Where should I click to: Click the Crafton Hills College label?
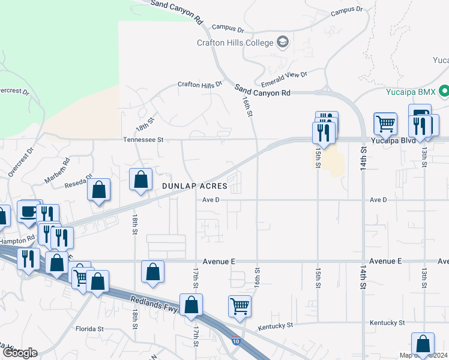pyautogui.click(x=235, y=43)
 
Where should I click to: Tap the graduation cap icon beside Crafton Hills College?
pyautogui.click(x=283, y=42)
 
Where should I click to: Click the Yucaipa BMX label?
pyautogui.click(x=410, y=92)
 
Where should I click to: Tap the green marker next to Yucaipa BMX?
pyautogui.click(x=444, y=92)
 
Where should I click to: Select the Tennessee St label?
pyautogui.click(x=143, y=139)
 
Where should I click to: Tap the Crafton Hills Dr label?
pyautogui.click(x=200, y=85)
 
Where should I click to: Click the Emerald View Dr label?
pyautogui.click(x=284, y=79)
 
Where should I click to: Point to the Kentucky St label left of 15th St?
pyautogui.click(x=276, y=326)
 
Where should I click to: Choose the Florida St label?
pyautogui.click(x=90, y=329)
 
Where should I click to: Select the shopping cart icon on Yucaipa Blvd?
pyautogui.click(x=385, y=124)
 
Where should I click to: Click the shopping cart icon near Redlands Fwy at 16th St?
pyautogui.click(x=240, y=305)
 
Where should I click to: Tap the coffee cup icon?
pyautogui.click(x=29, y=211)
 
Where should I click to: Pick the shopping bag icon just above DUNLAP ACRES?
pyautogui.click(x=140, y=179)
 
